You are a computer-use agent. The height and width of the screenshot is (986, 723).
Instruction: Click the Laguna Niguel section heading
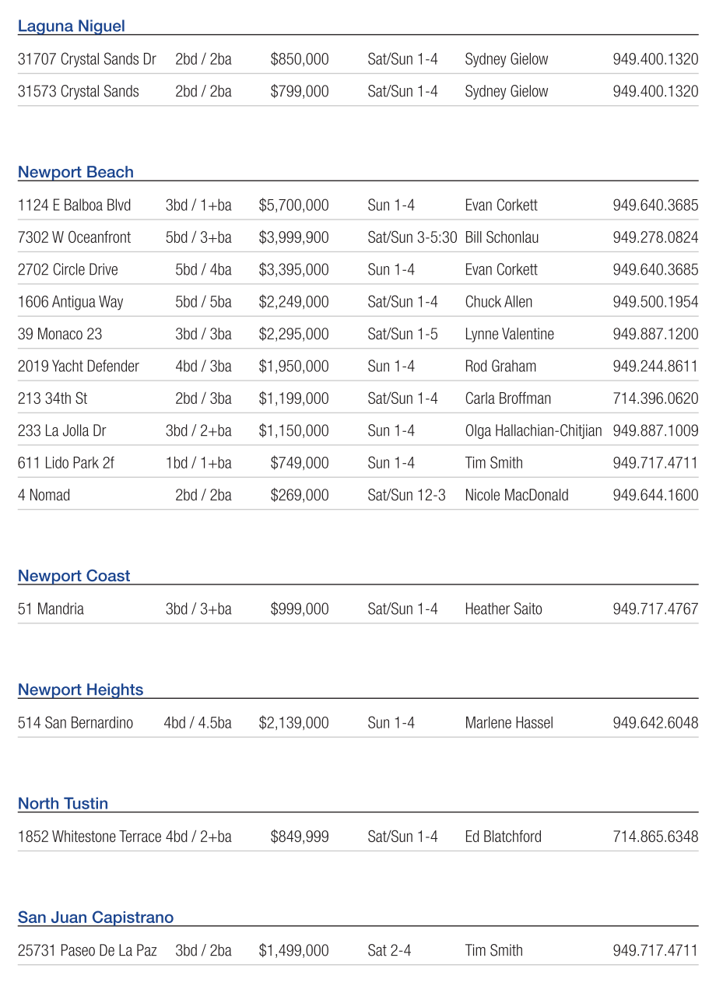72,26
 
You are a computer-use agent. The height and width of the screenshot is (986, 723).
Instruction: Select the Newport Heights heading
81,690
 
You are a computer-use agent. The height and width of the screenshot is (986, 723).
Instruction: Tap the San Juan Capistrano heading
96,918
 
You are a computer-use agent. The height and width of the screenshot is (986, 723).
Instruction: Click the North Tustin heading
63,804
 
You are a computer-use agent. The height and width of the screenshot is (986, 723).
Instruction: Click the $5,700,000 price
293,205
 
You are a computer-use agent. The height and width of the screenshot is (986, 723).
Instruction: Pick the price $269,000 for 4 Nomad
300,495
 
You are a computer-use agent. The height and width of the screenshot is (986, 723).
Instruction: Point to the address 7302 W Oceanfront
75,237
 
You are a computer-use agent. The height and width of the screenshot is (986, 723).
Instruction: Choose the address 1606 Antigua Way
71,302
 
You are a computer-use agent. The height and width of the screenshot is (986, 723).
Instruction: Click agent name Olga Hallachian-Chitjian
533,431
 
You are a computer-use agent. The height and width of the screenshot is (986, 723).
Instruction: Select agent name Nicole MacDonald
517,495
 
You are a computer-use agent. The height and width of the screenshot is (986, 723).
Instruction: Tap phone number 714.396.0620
655,398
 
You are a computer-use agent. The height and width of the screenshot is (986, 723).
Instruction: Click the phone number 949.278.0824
655,237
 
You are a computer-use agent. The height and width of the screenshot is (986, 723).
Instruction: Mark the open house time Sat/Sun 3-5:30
412,237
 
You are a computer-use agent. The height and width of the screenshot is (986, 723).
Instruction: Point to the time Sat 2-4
389,950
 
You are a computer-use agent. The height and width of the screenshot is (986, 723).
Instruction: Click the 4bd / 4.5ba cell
198,723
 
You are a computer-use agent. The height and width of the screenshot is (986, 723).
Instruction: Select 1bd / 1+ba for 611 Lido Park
198,463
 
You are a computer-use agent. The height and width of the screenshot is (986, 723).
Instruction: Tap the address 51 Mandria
51,609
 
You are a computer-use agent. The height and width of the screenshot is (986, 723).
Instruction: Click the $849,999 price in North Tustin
300,837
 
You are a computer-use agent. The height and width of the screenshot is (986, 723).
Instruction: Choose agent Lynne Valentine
510,334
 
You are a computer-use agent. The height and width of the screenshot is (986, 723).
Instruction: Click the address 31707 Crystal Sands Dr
87,59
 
